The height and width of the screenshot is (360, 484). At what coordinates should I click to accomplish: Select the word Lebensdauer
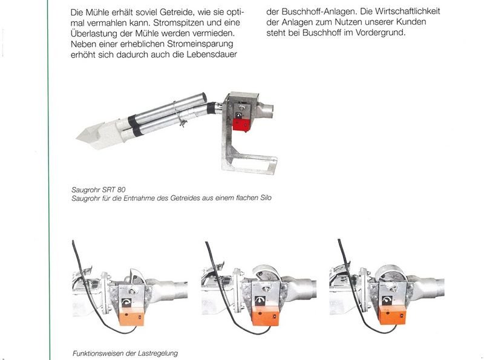212,54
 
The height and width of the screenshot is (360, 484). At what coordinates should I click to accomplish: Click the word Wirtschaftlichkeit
407,11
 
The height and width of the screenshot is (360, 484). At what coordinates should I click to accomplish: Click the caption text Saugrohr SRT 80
99,189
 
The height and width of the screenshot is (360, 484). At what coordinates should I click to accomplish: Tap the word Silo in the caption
266,198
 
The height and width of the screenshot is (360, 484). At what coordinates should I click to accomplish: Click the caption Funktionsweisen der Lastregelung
125,353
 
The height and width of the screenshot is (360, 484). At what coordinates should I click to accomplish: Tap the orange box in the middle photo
266,316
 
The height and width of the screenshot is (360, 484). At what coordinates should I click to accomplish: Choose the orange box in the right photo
393,315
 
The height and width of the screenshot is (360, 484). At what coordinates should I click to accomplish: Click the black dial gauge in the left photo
126,302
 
